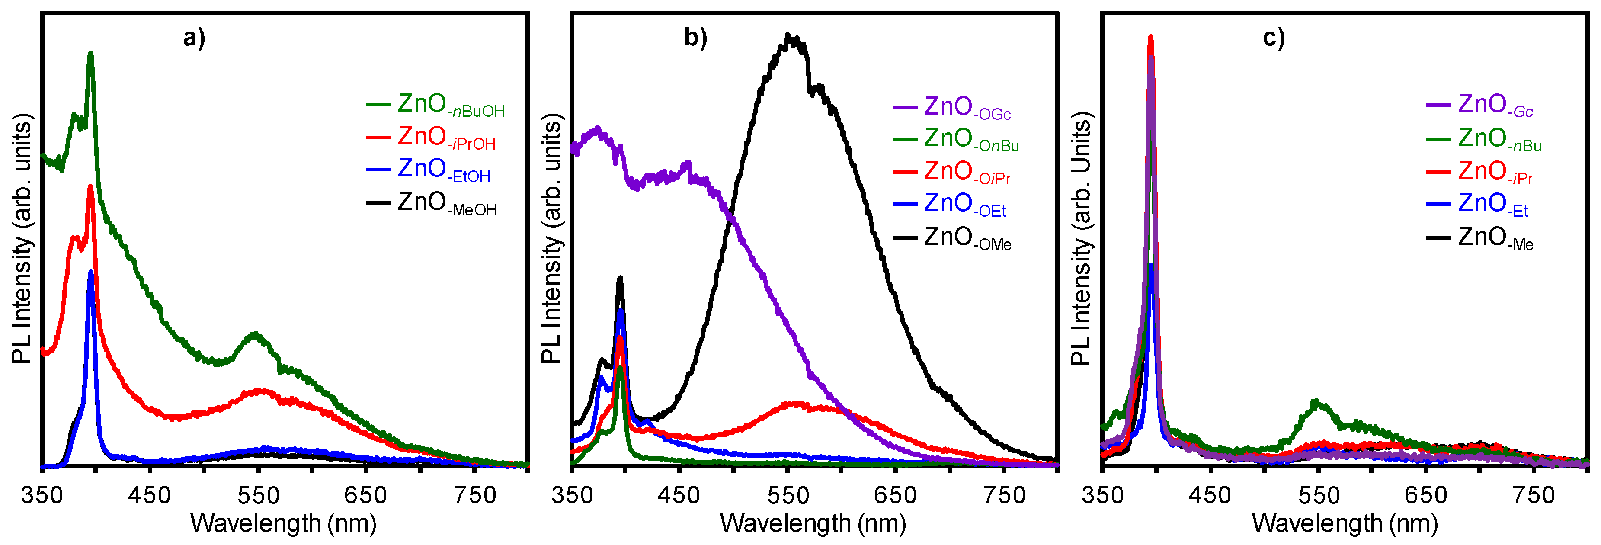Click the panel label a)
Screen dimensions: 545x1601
[x=193, y=38]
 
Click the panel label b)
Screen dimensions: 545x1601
[x=695, y=38]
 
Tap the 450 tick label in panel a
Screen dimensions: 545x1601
[x=149, y=495]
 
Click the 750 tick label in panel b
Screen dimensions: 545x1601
[x=1004, y=495]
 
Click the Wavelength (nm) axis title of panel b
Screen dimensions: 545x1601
[x=813, y=523]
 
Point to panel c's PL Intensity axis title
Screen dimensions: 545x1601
[x=1082, y=239]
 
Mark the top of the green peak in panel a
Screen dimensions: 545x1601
[x=91, y=54]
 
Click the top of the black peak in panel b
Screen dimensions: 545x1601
[x=788, y=35]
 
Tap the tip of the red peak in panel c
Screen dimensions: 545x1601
[x=1150, y=37]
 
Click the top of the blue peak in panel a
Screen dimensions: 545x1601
[x=91, y=272]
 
